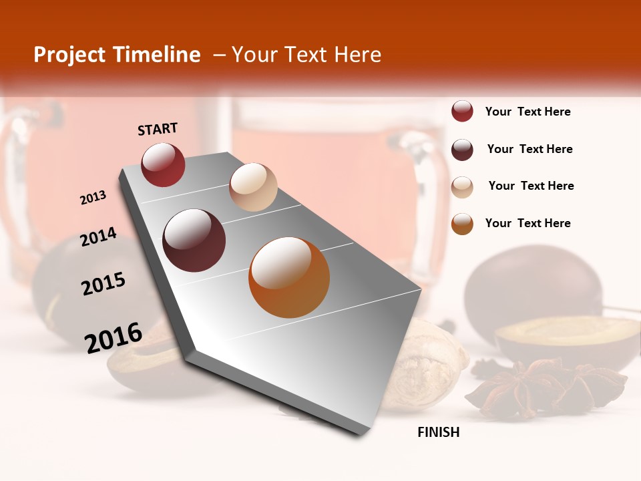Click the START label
pyautogui.click(x=158, y=129)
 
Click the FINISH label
pyautogui.click(x=439, y=432)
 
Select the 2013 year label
pyautogui.click(x=93, y=198)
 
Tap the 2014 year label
pyautogui.click(x=98, y=237)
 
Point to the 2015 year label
pyautogui.click(x=103, y=284)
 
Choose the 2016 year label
pyautogui.click(x=114, y=337)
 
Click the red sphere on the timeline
pyautogui.click(x=163, y=164)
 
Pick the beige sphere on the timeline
pyautogui.click(x=253, y=187)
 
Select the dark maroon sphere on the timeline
pyautogui.click(x=194, y=240)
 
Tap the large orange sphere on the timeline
pyautogui.click(x=289, y=277)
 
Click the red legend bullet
pyautogui.click(x=462, y=112)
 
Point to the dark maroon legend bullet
pyautogui.click(x=462, y=150)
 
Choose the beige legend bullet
pyautogui.click(x=462, y=186)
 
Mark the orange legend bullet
pyautogui.click(x=462, y=224)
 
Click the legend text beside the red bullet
pyautogui.click(x=527, y=112)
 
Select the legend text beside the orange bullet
pyautogui.click(x=527, y=223)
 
